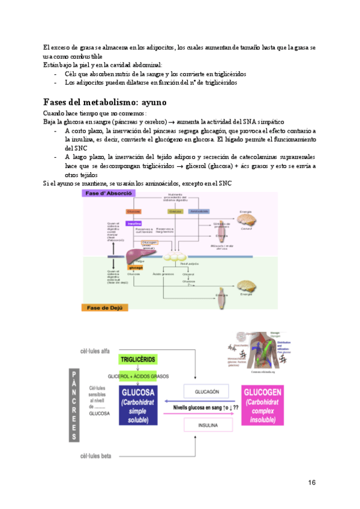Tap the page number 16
tap(311, 483)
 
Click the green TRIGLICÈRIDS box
tap(138, 359)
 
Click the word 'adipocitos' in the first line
tap(131, 47)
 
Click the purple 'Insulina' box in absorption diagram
tap(133, 223)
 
